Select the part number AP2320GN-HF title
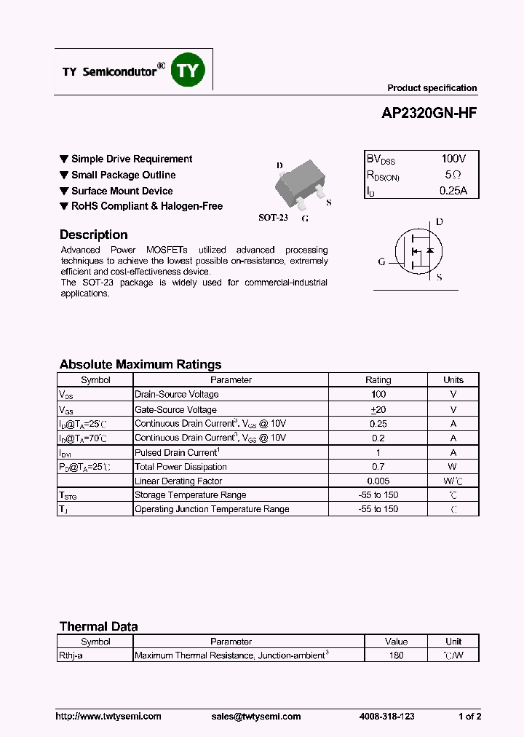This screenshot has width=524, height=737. [429, 114]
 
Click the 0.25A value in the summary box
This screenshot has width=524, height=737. [453, 191]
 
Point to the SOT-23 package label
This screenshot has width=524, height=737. [273, 218]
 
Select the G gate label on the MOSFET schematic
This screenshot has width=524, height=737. [381, 262]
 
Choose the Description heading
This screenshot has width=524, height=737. [93, 234]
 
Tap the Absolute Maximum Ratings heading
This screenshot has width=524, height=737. [140, 364]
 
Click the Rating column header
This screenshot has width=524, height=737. [378, 379]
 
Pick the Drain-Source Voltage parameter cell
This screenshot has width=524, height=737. [177, 394]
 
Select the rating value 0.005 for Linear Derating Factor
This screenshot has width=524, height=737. [378, 481]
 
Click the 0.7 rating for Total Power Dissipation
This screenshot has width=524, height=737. [378, 466]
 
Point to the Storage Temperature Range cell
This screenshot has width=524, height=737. [191, 495]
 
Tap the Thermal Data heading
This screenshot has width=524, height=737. [98, 626]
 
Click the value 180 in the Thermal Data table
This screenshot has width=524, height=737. [397, 655]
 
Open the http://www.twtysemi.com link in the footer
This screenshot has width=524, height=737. [108, 717]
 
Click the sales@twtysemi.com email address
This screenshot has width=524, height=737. [255, 717]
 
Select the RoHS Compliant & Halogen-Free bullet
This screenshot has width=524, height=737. [146, 206]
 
